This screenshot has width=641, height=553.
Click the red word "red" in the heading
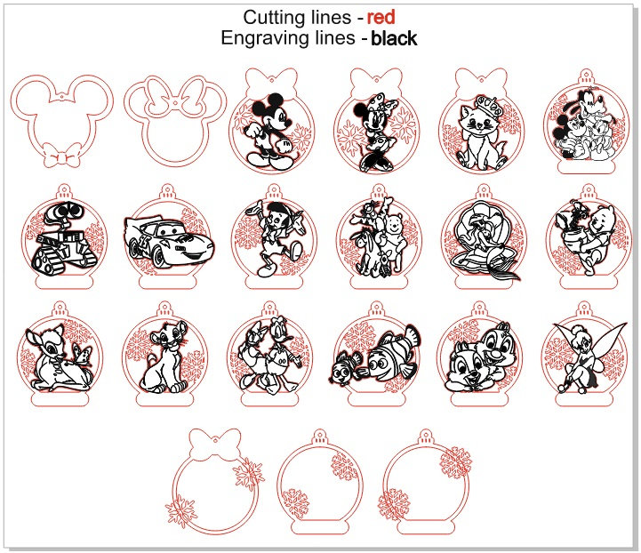pos(381,17)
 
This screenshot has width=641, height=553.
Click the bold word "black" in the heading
pos(394,38)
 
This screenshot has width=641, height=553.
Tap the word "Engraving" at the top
pos(288,38)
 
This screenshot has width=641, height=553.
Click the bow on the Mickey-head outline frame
pos(61,155)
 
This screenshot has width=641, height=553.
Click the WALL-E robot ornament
pos(64,236)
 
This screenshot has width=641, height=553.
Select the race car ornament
pos(168,237)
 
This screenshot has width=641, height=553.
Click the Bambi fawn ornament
pos(60,355)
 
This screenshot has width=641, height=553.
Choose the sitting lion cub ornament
pos(164,355)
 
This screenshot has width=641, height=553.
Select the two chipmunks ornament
pos(479,355)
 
